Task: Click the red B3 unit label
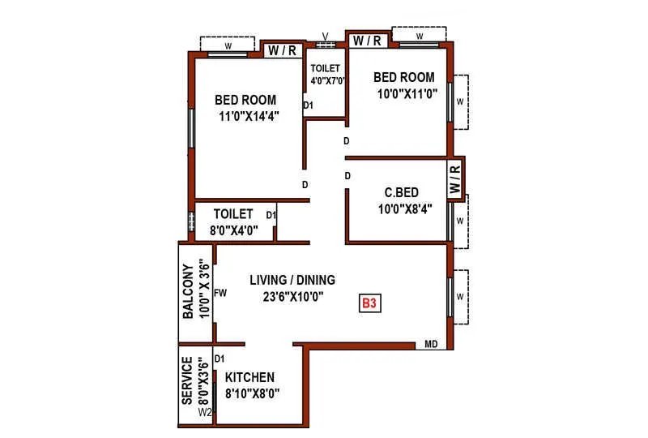pyautogui.click(x=370, y=304)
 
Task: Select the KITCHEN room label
pyautogui.click(x=249, y=377)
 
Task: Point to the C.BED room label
pyautogui.click(x=402, y=192)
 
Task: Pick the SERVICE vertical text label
pyautogui.click(x=188, y=380)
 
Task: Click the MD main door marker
pyautogui.click(x=431, y=345)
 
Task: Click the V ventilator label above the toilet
pyautogui.click(x=325, y=35)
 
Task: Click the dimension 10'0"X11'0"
pyautogui.click(x=403, y=92)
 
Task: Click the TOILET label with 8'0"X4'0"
pyautogui.click(x=234, y=215)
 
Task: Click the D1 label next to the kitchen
pyautogui.click(x=219, y=358)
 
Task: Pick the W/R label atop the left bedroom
pyautogui.click(x=282, y=50)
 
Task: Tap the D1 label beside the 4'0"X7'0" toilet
pyautogui.click(x=308, y=105)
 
